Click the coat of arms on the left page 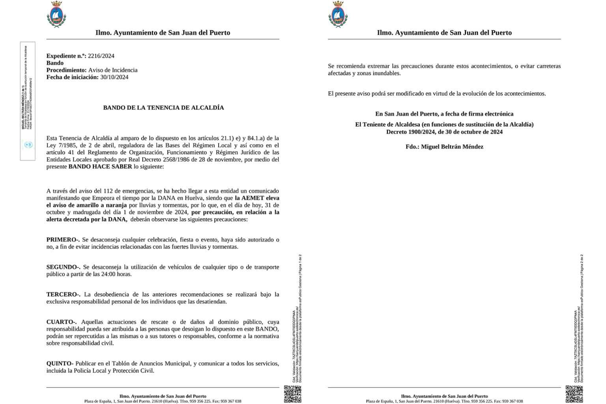[x=56, y=15]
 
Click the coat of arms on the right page [x=338, y=15]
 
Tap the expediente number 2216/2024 [x=101, y=56]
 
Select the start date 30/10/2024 [x=114, y=77]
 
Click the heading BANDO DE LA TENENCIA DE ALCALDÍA [x=163, y=108]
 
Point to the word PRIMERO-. [x=63, y=240]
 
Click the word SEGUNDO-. [x=63, y=267]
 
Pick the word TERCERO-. [x=63, y=295]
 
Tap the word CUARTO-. [x=62, y=322]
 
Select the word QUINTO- [x=60, y=363]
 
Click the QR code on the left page [x=293, y=394]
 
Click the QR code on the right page [x=574, y=394]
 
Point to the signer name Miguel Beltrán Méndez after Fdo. [x=452, y=147]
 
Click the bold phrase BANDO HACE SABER [x=100, y=167]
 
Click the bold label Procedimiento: [x=66, y=70]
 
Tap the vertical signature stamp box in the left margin [x=28, y=101]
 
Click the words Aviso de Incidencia [x=113, y=70]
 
